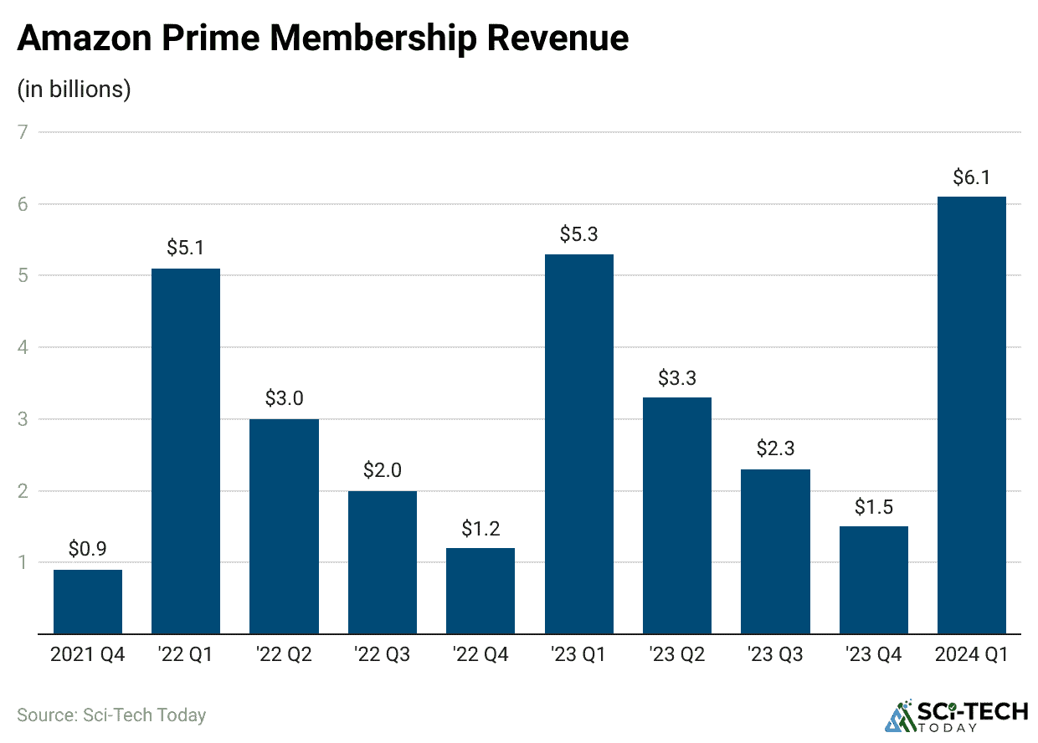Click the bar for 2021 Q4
(88, 602)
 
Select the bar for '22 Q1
(186, 451)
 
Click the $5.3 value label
(579, 235)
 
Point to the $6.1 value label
(972, 177)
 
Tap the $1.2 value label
(480, 529)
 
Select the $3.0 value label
(284, 399)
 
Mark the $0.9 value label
(88, 551)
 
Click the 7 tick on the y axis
(23, 132)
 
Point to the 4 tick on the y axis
(23, 347)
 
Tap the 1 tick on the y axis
(23, 562)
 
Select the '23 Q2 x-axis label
(677, 654)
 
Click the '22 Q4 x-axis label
(480, 654)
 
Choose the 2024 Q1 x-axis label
(972, 654)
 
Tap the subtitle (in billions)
(75, 90)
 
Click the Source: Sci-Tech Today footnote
(111, 715)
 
